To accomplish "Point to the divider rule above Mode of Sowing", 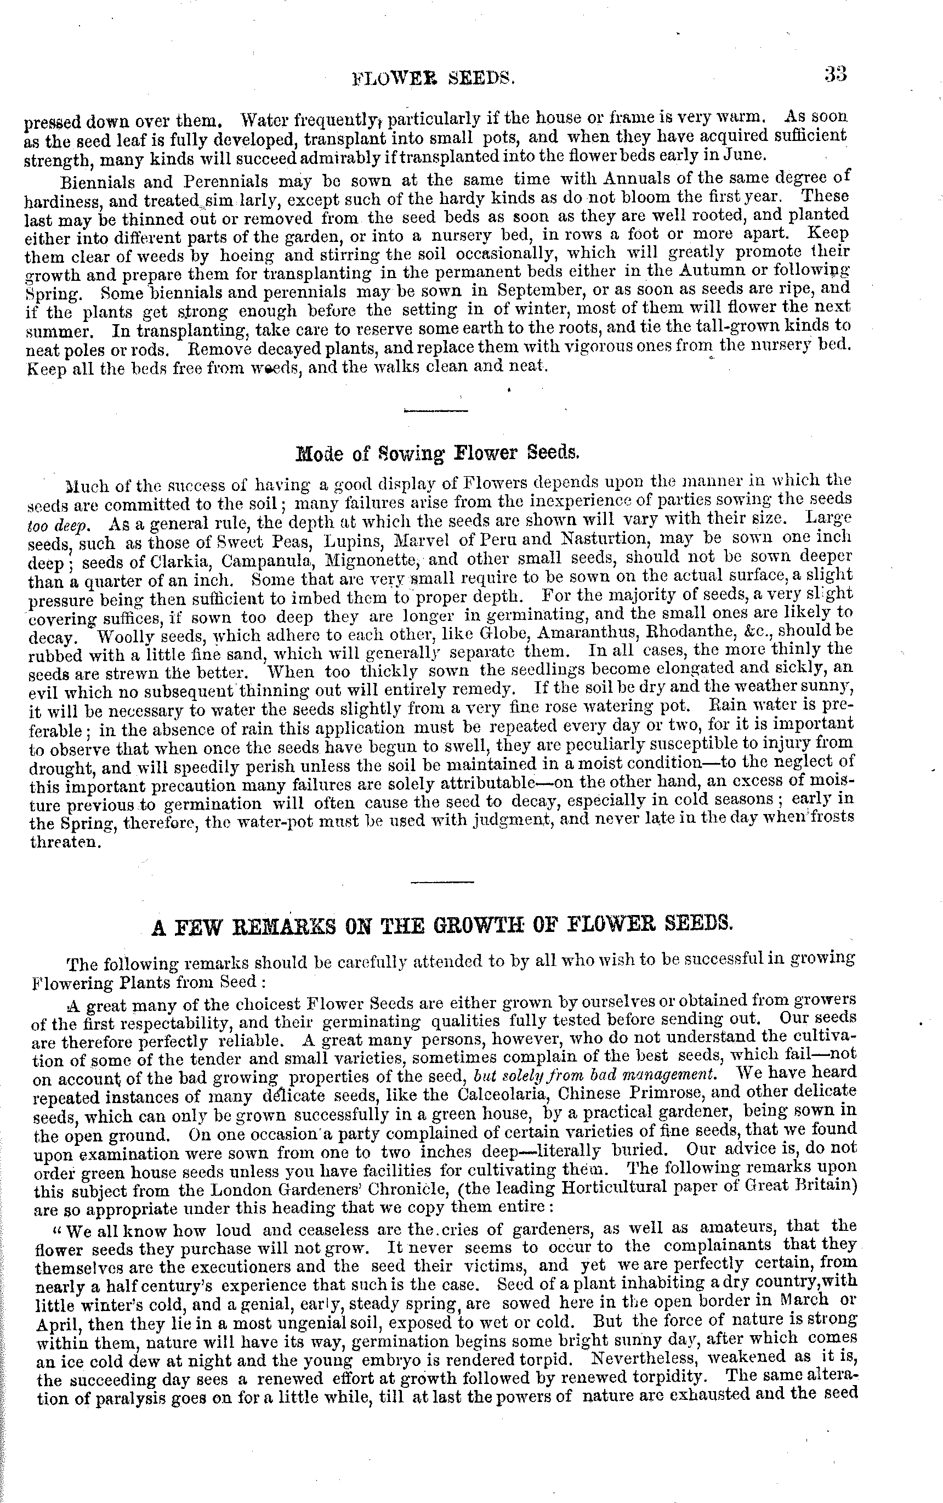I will (x=436, y=410).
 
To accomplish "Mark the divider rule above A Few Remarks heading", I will (x=443, y=881).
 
